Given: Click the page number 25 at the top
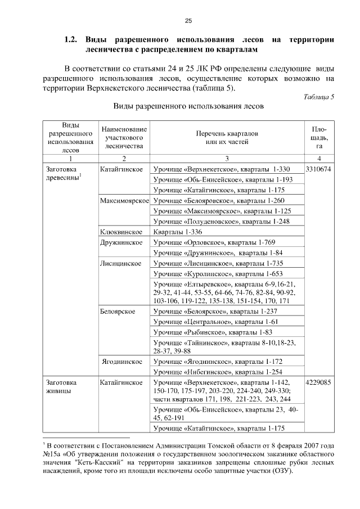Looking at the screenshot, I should coord(188,21).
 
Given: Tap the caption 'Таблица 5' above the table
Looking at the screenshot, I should coord(318,96).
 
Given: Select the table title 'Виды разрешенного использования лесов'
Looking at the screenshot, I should coord(188,106).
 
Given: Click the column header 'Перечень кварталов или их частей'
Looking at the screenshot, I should coord(227,138).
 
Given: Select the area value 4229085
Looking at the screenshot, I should coord(319,382).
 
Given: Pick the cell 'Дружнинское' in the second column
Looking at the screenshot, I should coord(120,242).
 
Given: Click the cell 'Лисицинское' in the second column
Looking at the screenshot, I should coord(120,263).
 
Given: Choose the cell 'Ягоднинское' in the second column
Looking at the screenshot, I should coord(121,362).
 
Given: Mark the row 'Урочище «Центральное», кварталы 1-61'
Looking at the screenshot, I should coord(216,322).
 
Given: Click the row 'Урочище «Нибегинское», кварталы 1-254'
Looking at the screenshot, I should coord(221,372).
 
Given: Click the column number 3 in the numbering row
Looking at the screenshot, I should coord(227,159).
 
